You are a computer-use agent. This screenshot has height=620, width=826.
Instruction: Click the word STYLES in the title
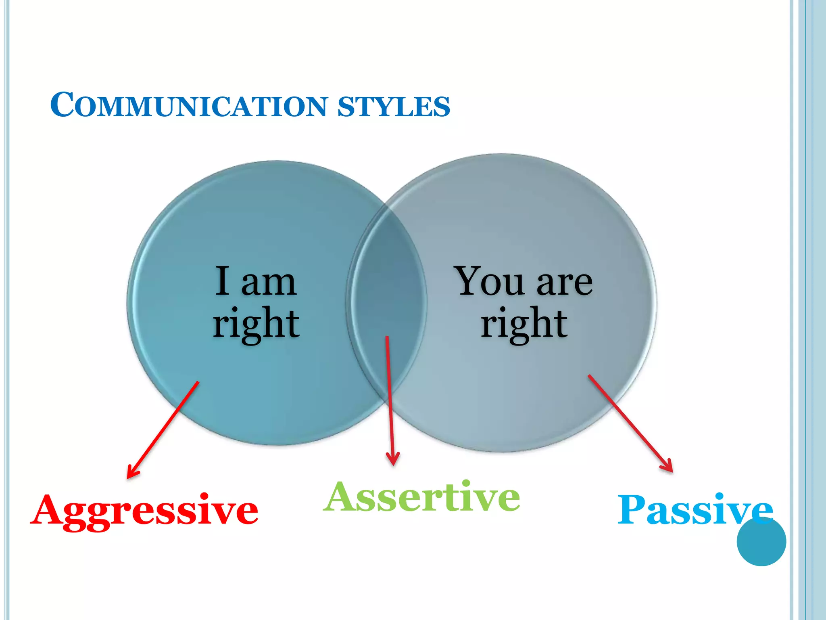point(393,107)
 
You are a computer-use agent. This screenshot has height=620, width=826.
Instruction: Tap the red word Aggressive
point(144,511)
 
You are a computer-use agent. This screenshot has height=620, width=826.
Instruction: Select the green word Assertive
point(421,497)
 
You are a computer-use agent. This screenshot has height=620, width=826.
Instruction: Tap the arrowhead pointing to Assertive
point(393,460)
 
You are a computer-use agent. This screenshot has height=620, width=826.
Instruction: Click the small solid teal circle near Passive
point(761,542)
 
